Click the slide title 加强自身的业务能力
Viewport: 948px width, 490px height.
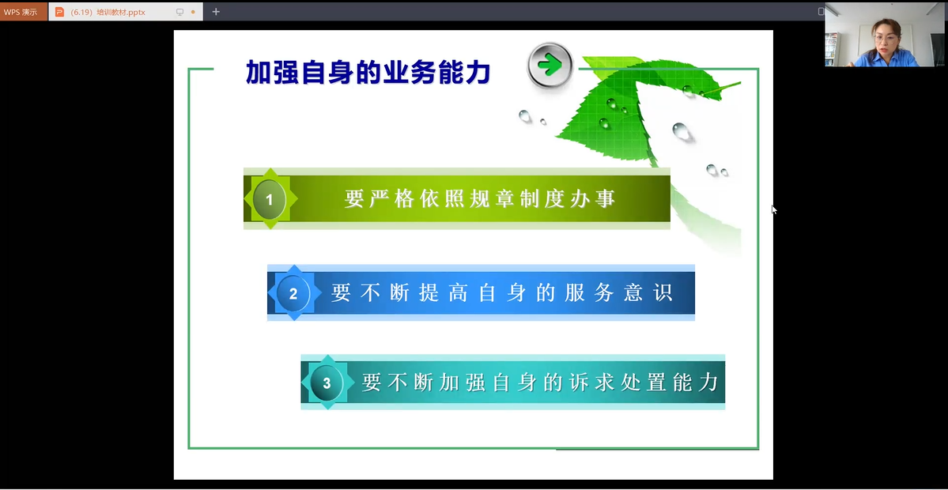pos(368,72)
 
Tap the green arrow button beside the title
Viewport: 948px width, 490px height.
pos(550,65)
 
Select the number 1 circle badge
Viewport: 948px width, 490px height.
pos(270,199)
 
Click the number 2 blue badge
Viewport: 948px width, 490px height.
pos(293,293)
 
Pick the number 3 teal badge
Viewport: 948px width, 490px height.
pos(327,383)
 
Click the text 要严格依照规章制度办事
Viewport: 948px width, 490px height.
pos(480,199)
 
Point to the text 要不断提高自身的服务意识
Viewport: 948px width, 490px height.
pos(502,293)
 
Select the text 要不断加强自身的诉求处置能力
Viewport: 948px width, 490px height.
pos(540,383)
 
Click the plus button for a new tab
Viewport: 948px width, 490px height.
pos(216,12)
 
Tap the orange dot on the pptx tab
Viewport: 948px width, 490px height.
pos(193,12)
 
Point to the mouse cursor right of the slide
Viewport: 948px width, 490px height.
pos(774,209)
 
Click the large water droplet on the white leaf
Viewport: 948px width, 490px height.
pos(682,131)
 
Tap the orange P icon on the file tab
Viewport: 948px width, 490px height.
pos(59,12)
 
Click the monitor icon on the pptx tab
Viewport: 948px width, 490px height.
pos(179,12)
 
